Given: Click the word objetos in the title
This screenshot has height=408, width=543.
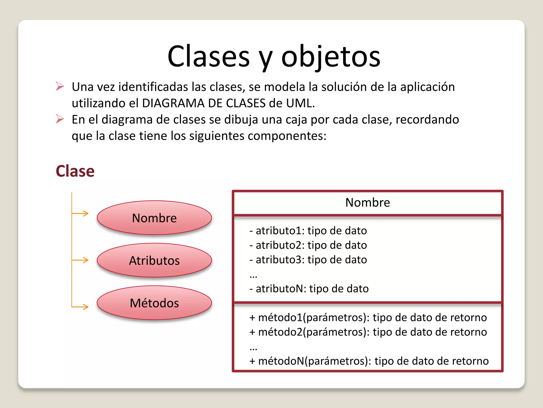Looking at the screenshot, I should (x=331, y=57).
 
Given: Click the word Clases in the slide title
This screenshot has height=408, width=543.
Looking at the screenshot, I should (x=209, y=57).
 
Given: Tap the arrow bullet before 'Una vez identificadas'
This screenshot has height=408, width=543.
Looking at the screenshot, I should (x=60, y=86).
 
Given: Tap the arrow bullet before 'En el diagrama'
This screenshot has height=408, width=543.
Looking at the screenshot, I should (x=60, y=119).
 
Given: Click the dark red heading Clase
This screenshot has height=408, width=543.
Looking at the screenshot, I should (x=75, y=171).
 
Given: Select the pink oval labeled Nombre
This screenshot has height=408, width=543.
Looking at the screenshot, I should (x=154, y=218).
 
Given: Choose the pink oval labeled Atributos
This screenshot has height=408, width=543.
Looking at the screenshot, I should (x=154, y=260).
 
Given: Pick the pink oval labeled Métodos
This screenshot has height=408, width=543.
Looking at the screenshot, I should (x=154, y=303).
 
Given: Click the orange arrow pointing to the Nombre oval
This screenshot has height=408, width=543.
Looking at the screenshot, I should (x=81, y=213).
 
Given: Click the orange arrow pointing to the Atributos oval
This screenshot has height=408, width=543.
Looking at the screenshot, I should (x=81, y=260).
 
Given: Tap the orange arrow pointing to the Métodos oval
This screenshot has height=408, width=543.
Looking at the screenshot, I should (x=81, y=307).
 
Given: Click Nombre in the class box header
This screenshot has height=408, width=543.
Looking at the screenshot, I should (x=367, y=202).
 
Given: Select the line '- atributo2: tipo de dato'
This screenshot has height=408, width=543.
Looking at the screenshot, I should (x=308, y=245).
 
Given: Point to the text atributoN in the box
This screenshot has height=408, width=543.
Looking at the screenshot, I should (x=281, y=289).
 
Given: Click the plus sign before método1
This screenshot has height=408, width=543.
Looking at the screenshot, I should (x=252, y=318).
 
